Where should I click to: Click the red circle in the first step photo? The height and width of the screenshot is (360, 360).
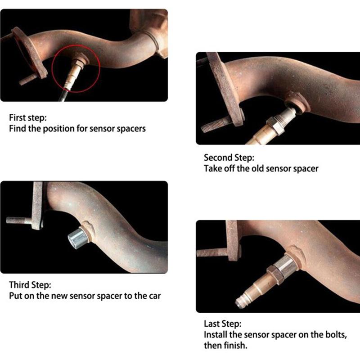click(x=52, y=69)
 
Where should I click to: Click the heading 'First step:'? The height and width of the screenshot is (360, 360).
click(x=28, y=117)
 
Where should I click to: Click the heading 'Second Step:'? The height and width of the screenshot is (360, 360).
click(x=229, y=157)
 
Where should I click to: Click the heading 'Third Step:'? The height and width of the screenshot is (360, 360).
click(x=30, y=285)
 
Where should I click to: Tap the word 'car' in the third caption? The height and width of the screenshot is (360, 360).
click(x=155, y=296)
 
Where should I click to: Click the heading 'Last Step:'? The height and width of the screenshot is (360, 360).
click(x=223, y=324)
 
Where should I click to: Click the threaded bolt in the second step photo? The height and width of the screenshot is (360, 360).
click(x=216, y=124)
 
